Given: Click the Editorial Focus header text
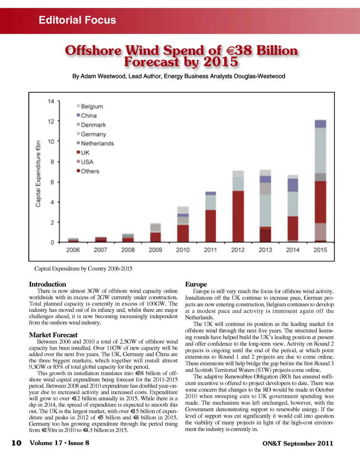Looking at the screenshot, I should click(x=77, y=20).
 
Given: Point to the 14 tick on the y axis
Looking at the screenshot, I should click(x=51, y=101).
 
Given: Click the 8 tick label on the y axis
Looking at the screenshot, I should click(x=52, y=162).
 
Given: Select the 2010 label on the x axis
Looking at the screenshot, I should click(x=183, y=250).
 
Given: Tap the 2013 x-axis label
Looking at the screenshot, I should click(x=265, y=250).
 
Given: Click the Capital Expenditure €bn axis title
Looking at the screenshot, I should click(x=38, y=174).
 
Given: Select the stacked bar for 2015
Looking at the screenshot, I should click(x=320, y=181).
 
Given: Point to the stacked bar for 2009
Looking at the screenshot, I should click(x=155, y=233).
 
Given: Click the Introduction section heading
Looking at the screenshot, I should click(x=47, y=284).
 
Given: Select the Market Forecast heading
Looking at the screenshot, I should click(x=53, y=335).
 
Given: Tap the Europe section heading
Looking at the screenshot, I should click(x=196, y=284).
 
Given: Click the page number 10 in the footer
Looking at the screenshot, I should click(x=16, y=443).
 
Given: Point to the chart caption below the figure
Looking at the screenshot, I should click(x=83, y=269).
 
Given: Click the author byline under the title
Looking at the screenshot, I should click(x=178, y=76).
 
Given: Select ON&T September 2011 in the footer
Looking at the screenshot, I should click(x=297, y=443).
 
